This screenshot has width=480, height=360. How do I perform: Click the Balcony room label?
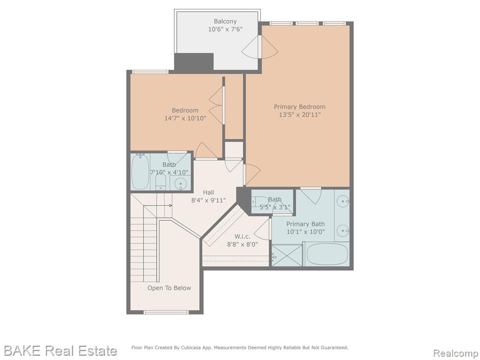pos(225,22)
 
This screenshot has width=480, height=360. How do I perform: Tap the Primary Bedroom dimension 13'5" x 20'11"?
pos(300,115)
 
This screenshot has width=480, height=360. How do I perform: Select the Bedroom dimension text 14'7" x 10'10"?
pos(185,118)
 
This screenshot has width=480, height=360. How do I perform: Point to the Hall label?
pos(209,192)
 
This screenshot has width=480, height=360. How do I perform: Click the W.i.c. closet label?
pos(242,236)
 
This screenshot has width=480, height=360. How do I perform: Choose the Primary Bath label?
pos(306,224)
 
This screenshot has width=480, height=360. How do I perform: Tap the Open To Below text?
pos(169,288)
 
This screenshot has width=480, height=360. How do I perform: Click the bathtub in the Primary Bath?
pos(327,254)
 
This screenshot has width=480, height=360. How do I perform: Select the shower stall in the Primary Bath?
pos(287,255)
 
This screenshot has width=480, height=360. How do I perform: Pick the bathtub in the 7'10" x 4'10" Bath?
pos(140,172)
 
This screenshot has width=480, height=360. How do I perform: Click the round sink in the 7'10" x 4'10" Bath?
pos(180,184)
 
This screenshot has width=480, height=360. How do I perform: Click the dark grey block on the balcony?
pos(194,62)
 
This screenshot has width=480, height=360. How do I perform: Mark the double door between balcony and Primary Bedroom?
pos(260,47)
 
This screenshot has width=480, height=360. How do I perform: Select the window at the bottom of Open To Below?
pos(166,312)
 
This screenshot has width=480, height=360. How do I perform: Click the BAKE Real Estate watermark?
pos(60,351)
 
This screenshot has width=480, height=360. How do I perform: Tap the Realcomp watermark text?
pos(456,353)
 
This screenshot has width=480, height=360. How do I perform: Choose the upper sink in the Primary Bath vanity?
pos(342,202)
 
